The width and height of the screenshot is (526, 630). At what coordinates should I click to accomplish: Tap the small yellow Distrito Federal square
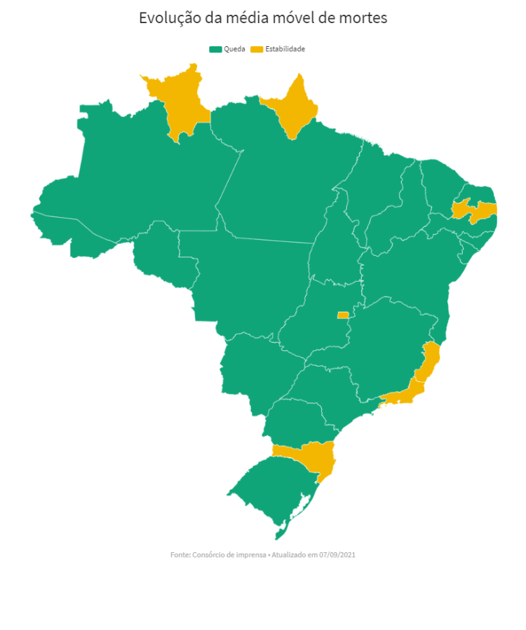coord(342,315)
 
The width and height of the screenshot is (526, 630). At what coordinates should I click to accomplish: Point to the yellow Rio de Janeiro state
coord(407,395)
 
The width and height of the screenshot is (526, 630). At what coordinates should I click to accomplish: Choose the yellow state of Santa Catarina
coord(312,456)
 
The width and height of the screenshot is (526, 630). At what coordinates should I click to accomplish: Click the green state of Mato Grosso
coord(245,280)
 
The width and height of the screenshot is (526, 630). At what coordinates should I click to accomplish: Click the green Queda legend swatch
coord(215,49)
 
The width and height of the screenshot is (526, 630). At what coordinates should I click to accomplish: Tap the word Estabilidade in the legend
coord(285,49)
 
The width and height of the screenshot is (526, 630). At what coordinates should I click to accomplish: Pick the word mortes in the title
coord(364,18)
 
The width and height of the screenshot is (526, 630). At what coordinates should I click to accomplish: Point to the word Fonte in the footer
coord(180,554)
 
